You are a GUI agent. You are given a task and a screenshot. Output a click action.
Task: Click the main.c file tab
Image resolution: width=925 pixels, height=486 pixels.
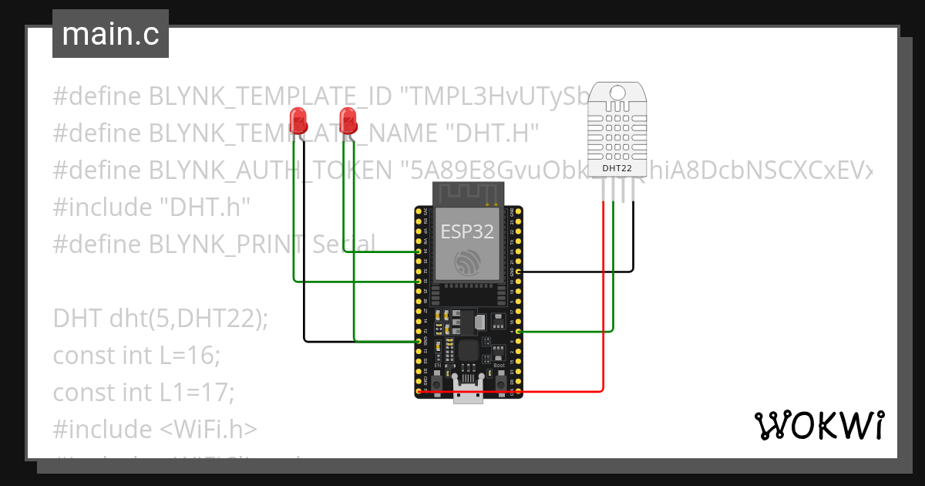[x=110, y=35]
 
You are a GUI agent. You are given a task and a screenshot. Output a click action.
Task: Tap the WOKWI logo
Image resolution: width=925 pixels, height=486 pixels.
[x=819, y=425]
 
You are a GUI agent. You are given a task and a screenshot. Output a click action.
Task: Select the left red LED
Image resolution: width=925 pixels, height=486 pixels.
[x=298, y=121]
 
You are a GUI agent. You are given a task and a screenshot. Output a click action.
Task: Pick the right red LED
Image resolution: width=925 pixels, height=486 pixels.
[x=348, y=121]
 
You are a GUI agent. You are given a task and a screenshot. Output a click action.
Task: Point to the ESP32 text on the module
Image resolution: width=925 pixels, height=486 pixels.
[x=467, y=231]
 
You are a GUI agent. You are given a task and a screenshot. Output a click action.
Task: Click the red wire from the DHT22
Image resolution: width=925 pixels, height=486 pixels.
[x=603, y=309]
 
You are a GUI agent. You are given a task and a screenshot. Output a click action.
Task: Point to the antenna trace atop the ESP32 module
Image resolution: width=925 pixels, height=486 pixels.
[x=467, y=192]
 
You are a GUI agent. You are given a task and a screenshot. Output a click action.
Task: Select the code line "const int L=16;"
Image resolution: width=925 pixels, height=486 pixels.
[x=136, y=355]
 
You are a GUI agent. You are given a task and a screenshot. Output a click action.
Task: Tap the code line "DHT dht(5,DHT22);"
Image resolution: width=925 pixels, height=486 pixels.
[x=160, y=318]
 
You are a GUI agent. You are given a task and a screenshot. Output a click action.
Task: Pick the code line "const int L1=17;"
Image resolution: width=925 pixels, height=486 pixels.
[x=143, y=392]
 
